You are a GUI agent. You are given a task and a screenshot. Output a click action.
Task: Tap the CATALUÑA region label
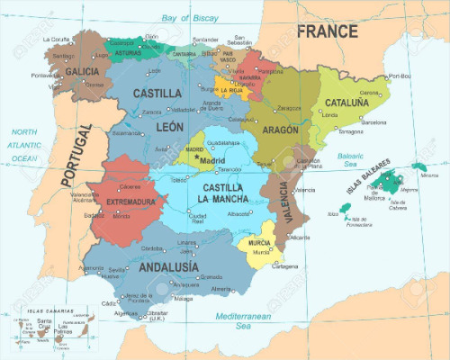(x=346, y=103)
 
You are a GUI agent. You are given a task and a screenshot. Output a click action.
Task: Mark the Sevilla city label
(x=116, y=270)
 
